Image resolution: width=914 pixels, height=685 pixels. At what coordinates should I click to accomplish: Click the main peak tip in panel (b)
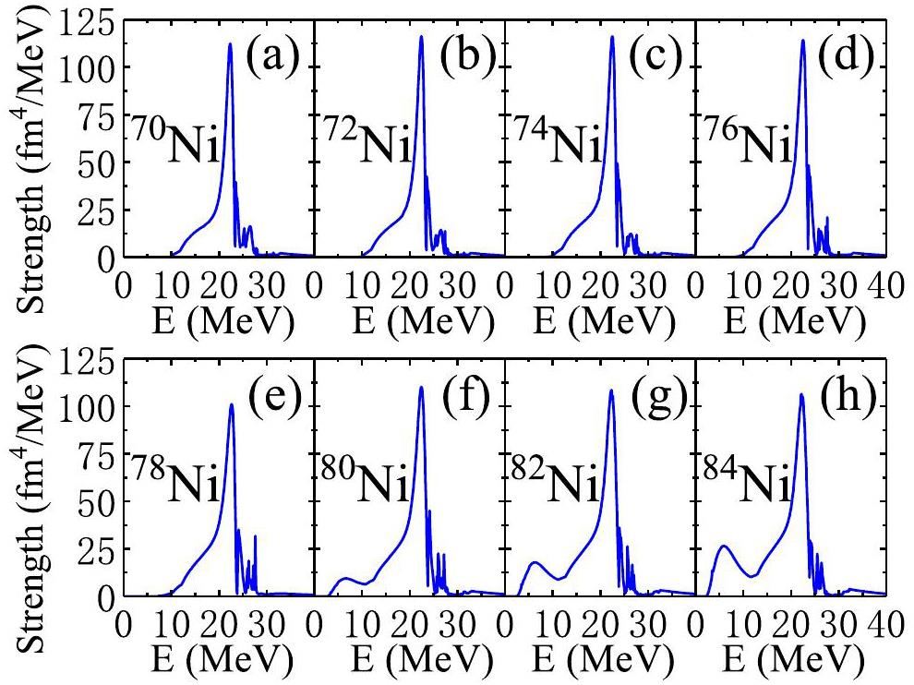(421, 37)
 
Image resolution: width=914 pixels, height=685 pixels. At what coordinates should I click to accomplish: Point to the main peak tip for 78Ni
(231, 404)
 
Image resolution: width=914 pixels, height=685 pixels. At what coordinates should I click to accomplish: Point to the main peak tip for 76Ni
(802, 41)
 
